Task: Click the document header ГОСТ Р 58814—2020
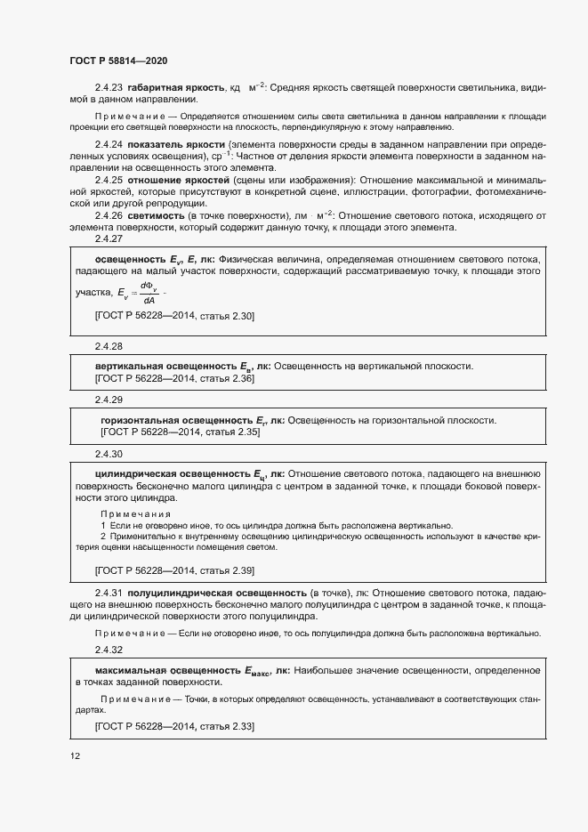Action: pyautogui.click(x=117, y=61)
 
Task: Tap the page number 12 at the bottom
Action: pyautogui.click(x=75, y=756)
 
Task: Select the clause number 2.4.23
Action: pyautogui.click(x=109, y=88)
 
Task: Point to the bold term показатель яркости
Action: pyautogui.click(x=175, y=144)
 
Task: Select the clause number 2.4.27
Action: pyautogui.click(x=109, y=238)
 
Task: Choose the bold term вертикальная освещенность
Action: pyautogui.click(x=166, y=367)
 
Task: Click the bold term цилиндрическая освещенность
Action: pyautogui.click(x=174, y=474)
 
